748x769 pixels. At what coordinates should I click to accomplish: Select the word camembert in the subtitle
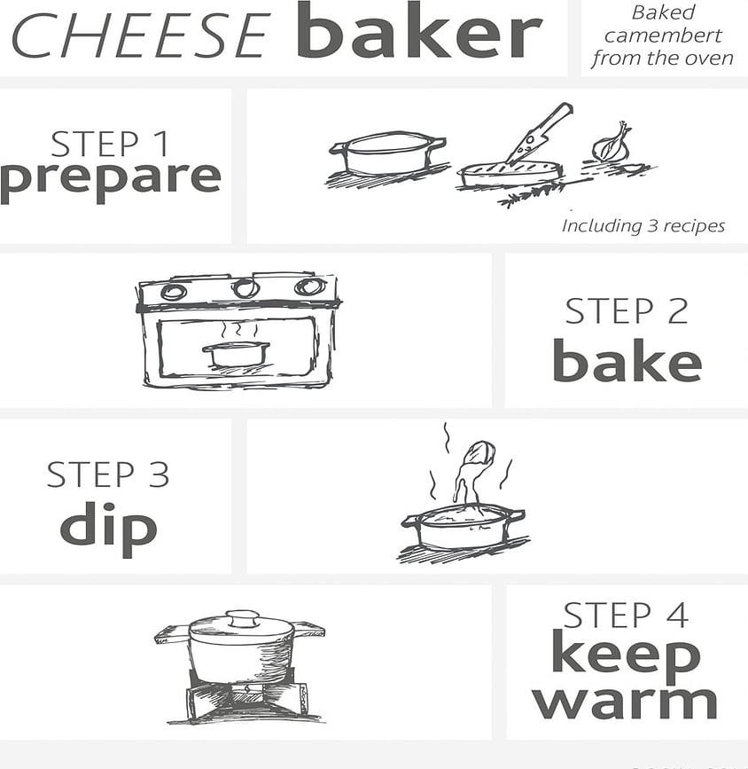662,36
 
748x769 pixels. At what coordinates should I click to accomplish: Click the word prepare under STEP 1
110,177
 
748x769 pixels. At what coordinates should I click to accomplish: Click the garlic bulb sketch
612,144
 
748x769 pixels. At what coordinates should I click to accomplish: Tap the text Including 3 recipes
643,226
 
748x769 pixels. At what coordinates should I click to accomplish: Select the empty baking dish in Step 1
386,153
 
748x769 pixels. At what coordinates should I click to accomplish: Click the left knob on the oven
174,291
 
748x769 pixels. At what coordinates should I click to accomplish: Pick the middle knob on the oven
245,288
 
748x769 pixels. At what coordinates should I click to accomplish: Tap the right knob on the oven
309,286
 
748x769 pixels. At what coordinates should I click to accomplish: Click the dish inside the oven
236,353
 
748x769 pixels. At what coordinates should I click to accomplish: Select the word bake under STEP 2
627,362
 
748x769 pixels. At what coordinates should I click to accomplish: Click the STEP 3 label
107,475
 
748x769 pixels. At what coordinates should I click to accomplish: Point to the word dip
108,526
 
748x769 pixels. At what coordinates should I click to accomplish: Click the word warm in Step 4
625,701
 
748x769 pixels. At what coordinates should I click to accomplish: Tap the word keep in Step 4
625,655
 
